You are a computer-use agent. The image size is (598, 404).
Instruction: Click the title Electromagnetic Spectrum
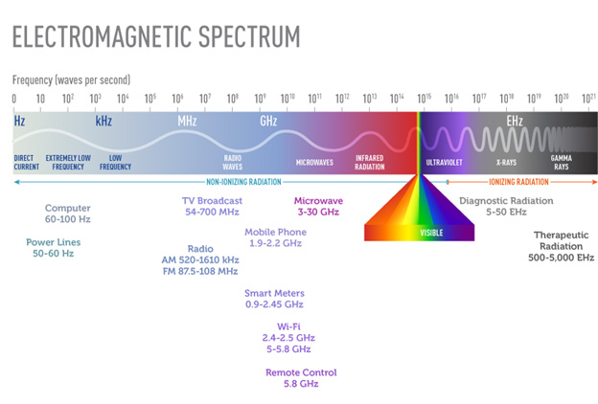pyautogui.click(x=155, y=37)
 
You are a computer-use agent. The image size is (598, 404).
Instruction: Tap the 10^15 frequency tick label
pyautogui.click(x=424, y=99)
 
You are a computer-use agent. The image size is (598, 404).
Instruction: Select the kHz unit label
pyautogui.click(x=103, y=122)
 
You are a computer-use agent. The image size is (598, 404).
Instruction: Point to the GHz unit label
pyautogui.click(x=268, y=122)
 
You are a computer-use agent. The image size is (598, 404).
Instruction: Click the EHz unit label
pyautogui.click(x=516, y=122)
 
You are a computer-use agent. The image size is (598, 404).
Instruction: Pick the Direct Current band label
pyautogui.click(x=27, y=162)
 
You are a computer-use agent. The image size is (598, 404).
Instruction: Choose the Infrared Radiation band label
pyautogui.click(x=370, y=162)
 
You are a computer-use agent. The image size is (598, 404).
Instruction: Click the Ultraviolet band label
pyautogui.click(x=444, y=163)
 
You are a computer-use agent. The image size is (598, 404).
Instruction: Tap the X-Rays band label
pyautogui.click(x=506, y=163)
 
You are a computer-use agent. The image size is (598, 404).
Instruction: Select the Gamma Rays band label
pyautogui.click(x=562, y=162)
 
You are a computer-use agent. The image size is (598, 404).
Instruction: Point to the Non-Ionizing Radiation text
pyautogui.click(x=239, y=181)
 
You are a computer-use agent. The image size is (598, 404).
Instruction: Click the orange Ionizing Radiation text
pyautogui.click(x=518, y=181)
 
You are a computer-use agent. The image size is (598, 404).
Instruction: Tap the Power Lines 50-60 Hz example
pyautogui.click(x=50, y=247)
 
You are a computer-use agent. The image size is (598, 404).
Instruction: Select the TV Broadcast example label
pyautogui.click(x=213, y=206)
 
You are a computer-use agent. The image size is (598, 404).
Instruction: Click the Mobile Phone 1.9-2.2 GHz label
pyautogui.click(x=275, y=237)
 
